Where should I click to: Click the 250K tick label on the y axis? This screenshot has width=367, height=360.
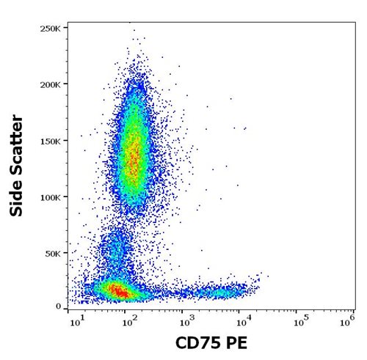(50, 29)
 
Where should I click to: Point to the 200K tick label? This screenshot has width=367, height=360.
(50, 85)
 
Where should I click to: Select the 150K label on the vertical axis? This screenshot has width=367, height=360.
(50, 142)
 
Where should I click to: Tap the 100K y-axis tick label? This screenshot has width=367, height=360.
(50, 197)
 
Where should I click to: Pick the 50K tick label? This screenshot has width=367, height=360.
(52, 254)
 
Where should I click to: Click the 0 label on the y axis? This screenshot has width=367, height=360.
(58, 306)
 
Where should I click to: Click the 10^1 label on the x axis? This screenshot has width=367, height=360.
(77, 321)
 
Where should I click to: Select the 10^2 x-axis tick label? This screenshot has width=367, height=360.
(131, 321)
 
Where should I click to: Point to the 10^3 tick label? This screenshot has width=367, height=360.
(188, 321)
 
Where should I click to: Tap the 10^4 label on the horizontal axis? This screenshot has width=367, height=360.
(244, 321)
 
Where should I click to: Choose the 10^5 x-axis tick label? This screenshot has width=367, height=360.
(302, 321)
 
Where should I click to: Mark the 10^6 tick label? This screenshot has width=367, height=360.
(347, 321)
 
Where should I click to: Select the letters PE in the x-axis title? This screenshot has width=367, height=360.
(236, 343)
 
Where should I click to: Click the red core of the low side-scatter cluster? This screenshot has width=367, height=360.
(119, 291)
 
